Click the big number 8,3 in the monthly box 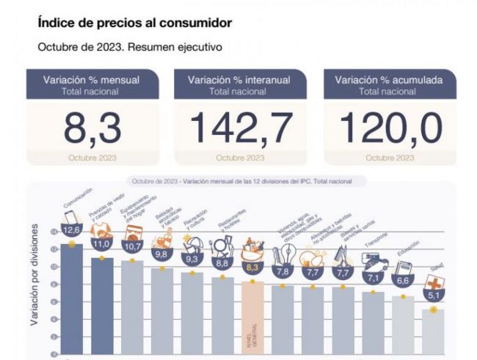pos(92,128)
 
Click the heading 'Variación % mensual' pos(92,80)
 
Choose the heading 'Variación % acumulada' pos(390,80)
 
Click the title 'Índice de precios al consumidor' pos(134,23)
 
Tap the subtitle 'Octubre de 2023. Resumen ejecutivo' pos(130,47)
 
